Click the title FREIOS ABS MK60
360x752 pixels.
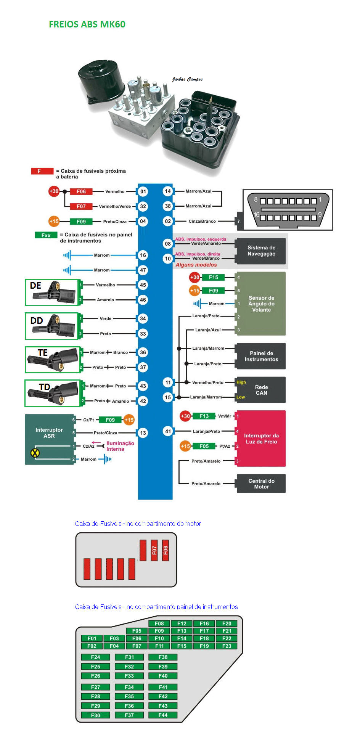pos(87,24)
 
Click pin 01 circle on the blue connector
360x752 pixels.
pos(143,191)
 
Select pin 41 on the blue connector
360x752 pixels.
pos(168,431)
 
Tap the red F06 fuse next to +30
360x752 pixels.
pos(81,191)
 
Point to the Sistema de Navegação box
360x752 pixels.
pos(261,251)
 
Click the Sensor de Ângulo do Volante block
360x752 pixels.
pos(261,304)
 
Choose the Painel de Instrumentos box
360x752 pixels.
pos(261,356)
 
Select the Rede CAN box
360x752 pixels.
pos(261,390)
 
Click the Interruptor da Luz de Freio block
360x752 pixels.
pos(261,439)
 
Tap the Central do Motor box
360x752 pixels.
pos(261,484)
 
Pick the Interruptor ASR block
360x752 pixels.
pos(49,433)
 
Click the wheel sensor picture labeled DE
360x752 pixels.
pos(52,292)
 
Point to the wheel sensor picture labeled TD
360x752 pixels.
pos(53,393)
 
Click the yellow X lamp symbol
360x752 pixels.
pos(35,453)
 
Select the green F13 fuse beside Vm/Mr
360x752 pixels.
pos(204,416)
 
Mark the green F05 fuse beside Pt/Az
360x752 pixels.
pos(204,446)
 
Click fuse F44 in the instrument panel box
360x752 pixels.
pos(163,715)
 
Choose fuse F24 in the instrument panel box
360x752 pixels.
pos(95,657)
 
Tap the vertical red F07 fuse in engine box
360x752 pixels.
pos(154,550)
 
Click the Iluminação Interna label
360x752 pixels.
pos(120,446)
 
